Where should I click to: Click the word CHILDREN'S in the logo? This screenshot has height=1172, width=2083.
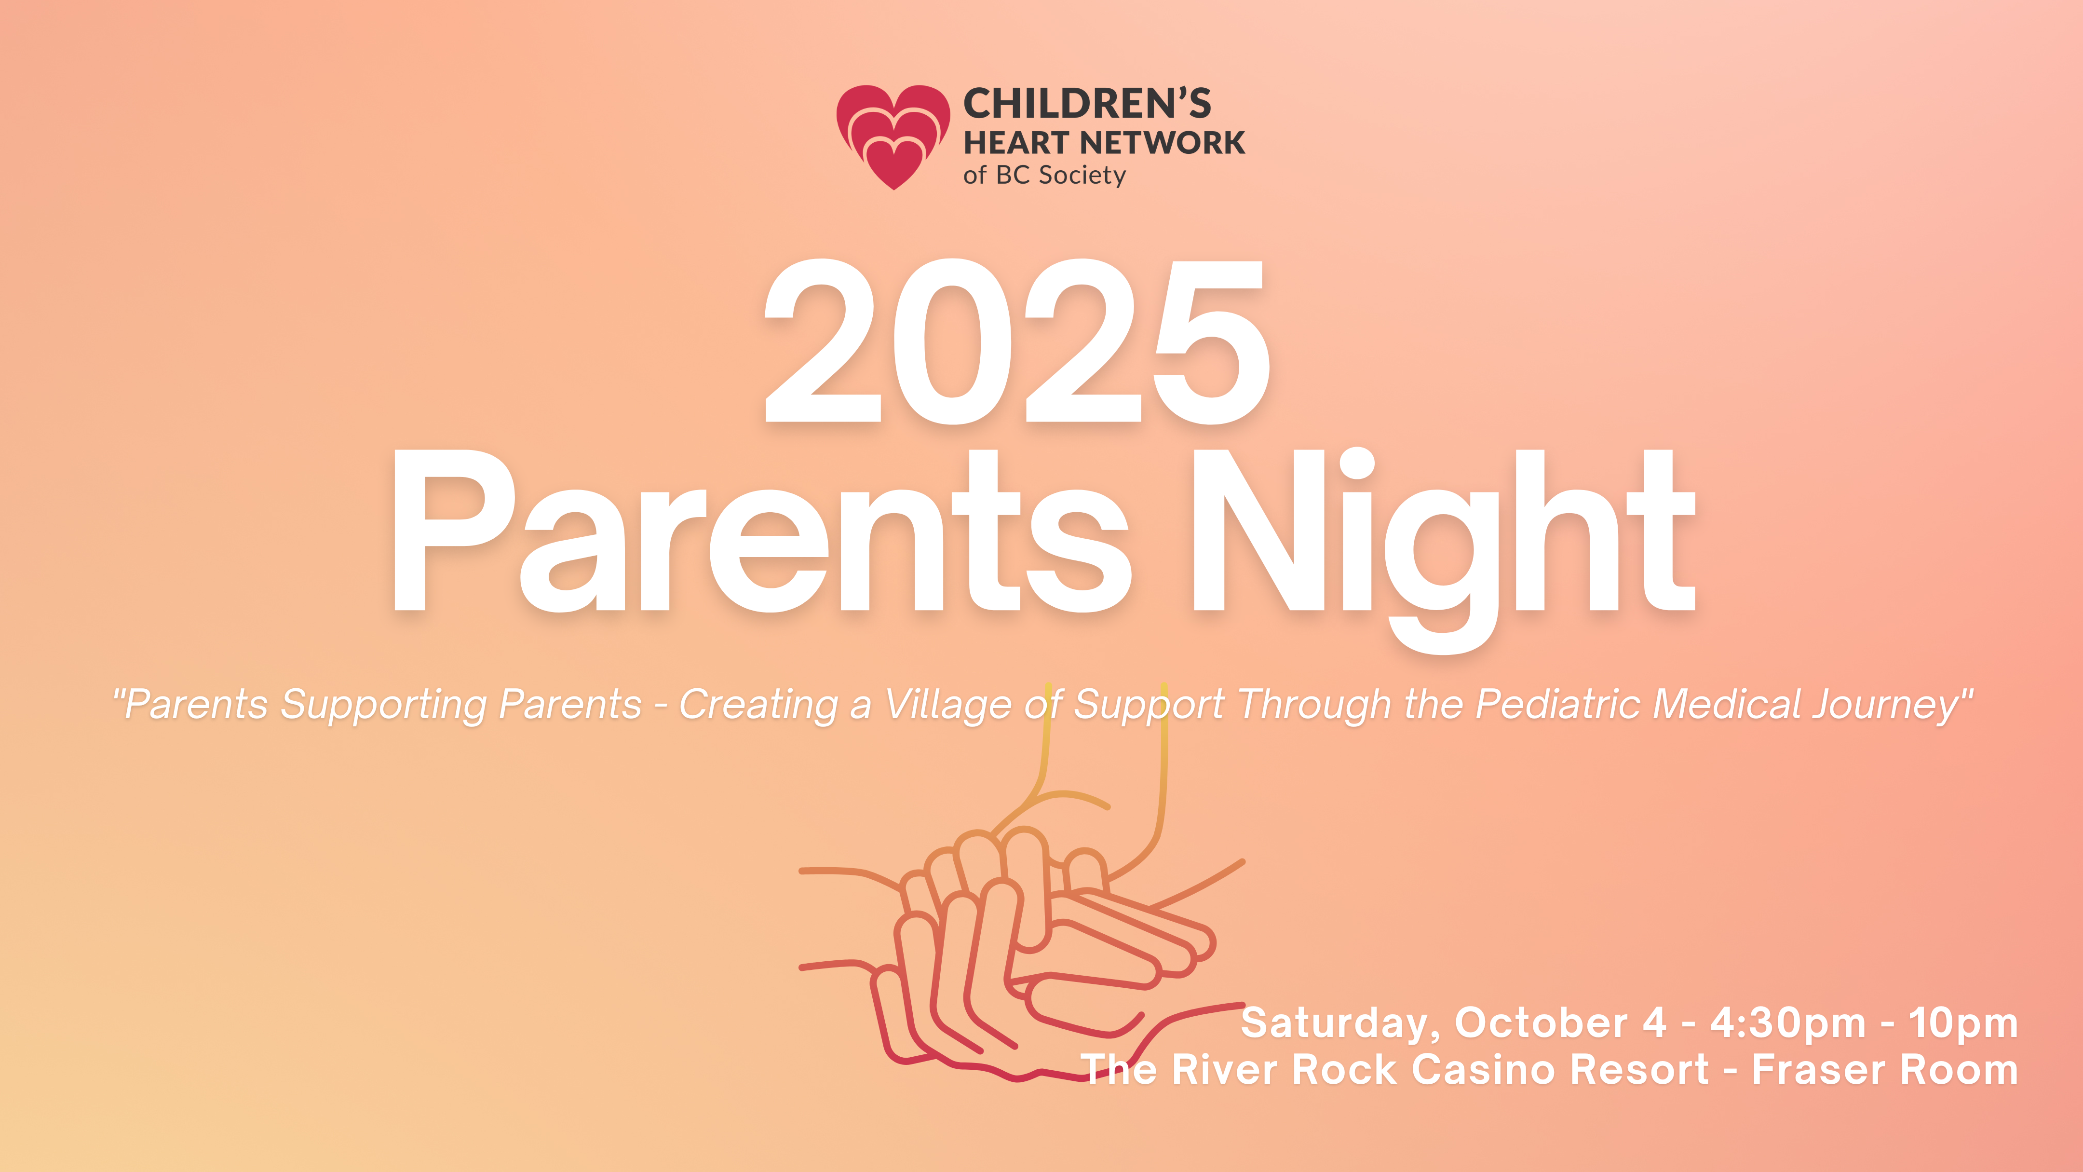[1087, 104]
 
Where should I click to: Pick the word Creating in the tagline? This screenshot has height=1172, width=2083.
[757, 705]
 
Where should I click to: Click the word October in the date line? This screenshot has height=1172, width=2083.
[1541, 1022]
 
